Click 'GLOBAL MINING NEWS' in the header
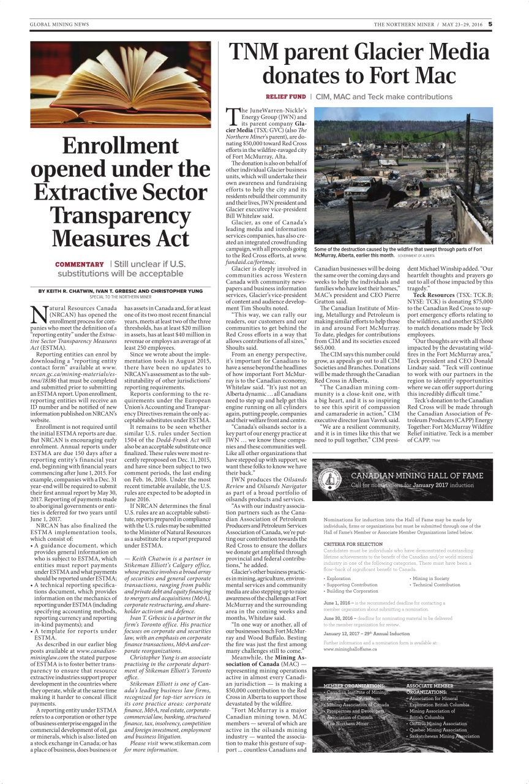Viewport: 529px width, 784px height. [x=59, y=24]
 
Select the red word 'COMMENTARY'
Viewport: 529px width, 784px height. [x=80, y=264]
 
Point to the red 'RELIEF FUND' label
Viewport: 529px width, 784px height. [x=285, y=97]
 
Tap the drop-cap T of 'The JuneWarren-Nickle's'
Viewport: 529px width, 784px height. [x=233, y=116]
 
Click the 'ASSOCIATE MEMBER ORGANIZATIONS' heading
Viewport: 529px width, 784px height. [x=430, y=688]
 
